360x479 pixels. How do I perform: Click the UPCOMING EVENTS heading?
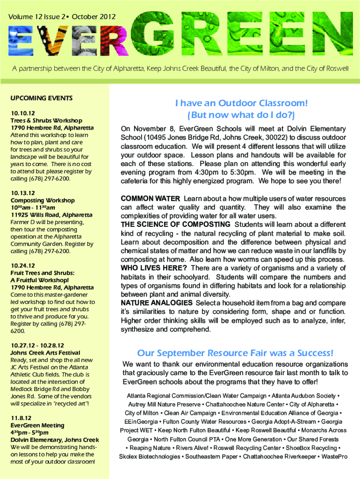tap(41, 98)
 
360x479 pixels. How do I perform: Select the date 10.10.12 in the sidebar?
tap(22, 113)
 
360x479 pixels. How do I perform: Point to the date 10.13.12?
tap(22, 192)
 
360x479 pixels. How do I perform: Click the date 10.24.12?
tap(22, 264)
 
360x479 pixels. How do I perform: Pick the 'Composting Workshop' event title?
tap(42, 200)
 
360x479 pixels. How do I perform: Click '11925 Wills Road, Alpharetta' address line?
tap(51, 215)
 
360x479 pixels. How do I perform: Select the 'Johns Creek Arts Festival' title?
tap(45, 352)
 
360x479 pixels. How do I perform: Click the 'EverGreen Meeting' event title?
tap(37, 425)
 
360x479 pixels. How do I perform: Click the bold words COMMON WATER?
tap(150, 199)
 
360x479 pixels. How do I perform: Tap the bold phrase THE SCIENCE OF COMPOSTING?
tap(175, 225)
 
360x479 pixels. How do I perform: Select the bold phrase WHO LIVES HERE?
tap(154, 268)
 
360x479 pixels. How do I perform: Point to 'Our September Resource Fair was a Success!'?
tap(235, 352)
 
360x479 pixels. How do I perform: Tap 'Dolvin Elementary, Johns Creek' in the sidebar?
tap(55, 440)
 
